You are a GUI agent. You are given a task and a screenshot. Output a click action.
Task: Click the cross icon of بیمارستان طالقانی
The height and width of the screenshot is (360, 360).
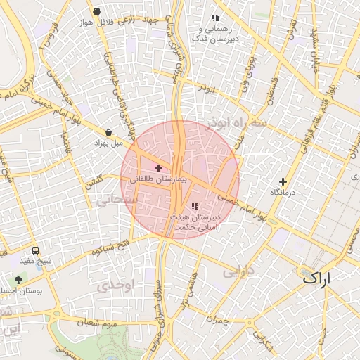coord(158,169)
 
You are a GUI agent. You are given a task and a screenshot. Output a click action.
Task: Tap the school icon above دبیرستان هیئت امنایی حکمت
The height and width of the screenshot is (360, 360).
coord(195,205)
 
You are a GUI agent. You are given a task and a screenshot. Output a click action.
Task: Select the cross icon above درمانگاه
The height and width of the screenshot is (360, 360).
coord(283,181)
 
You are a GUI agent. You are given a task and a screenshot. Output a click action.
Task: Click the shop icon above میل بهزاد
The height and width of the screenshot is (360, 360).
coord(108,132)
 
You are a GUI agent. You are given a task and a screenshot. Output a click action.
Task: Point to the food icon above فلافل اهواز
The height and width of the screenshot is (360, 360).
coord(96,12)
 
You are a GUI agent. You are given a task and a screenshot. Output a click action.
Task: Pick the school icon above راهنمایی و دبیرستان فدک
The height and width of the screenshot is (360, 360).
coord(215,18)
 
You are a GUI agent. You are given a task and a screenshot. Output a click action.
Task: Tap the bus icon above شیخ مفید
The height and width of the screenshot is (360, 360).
coord(36,250)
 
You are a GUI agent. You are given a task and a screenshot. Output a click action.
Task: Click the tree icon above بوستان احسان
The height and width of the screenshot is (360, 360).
coord(18,280)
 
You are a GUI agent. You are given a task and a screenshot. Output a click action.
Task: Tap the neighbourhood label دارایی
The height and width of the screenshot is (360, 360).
coord(238,271)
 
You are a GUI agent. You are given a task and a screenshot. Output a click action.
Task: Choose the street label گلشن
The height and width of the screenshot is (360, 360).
coord(94,181)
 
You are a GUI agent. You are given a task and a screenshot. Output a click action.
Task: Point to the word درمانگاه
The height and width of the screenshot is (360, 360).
coord(283,192)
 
